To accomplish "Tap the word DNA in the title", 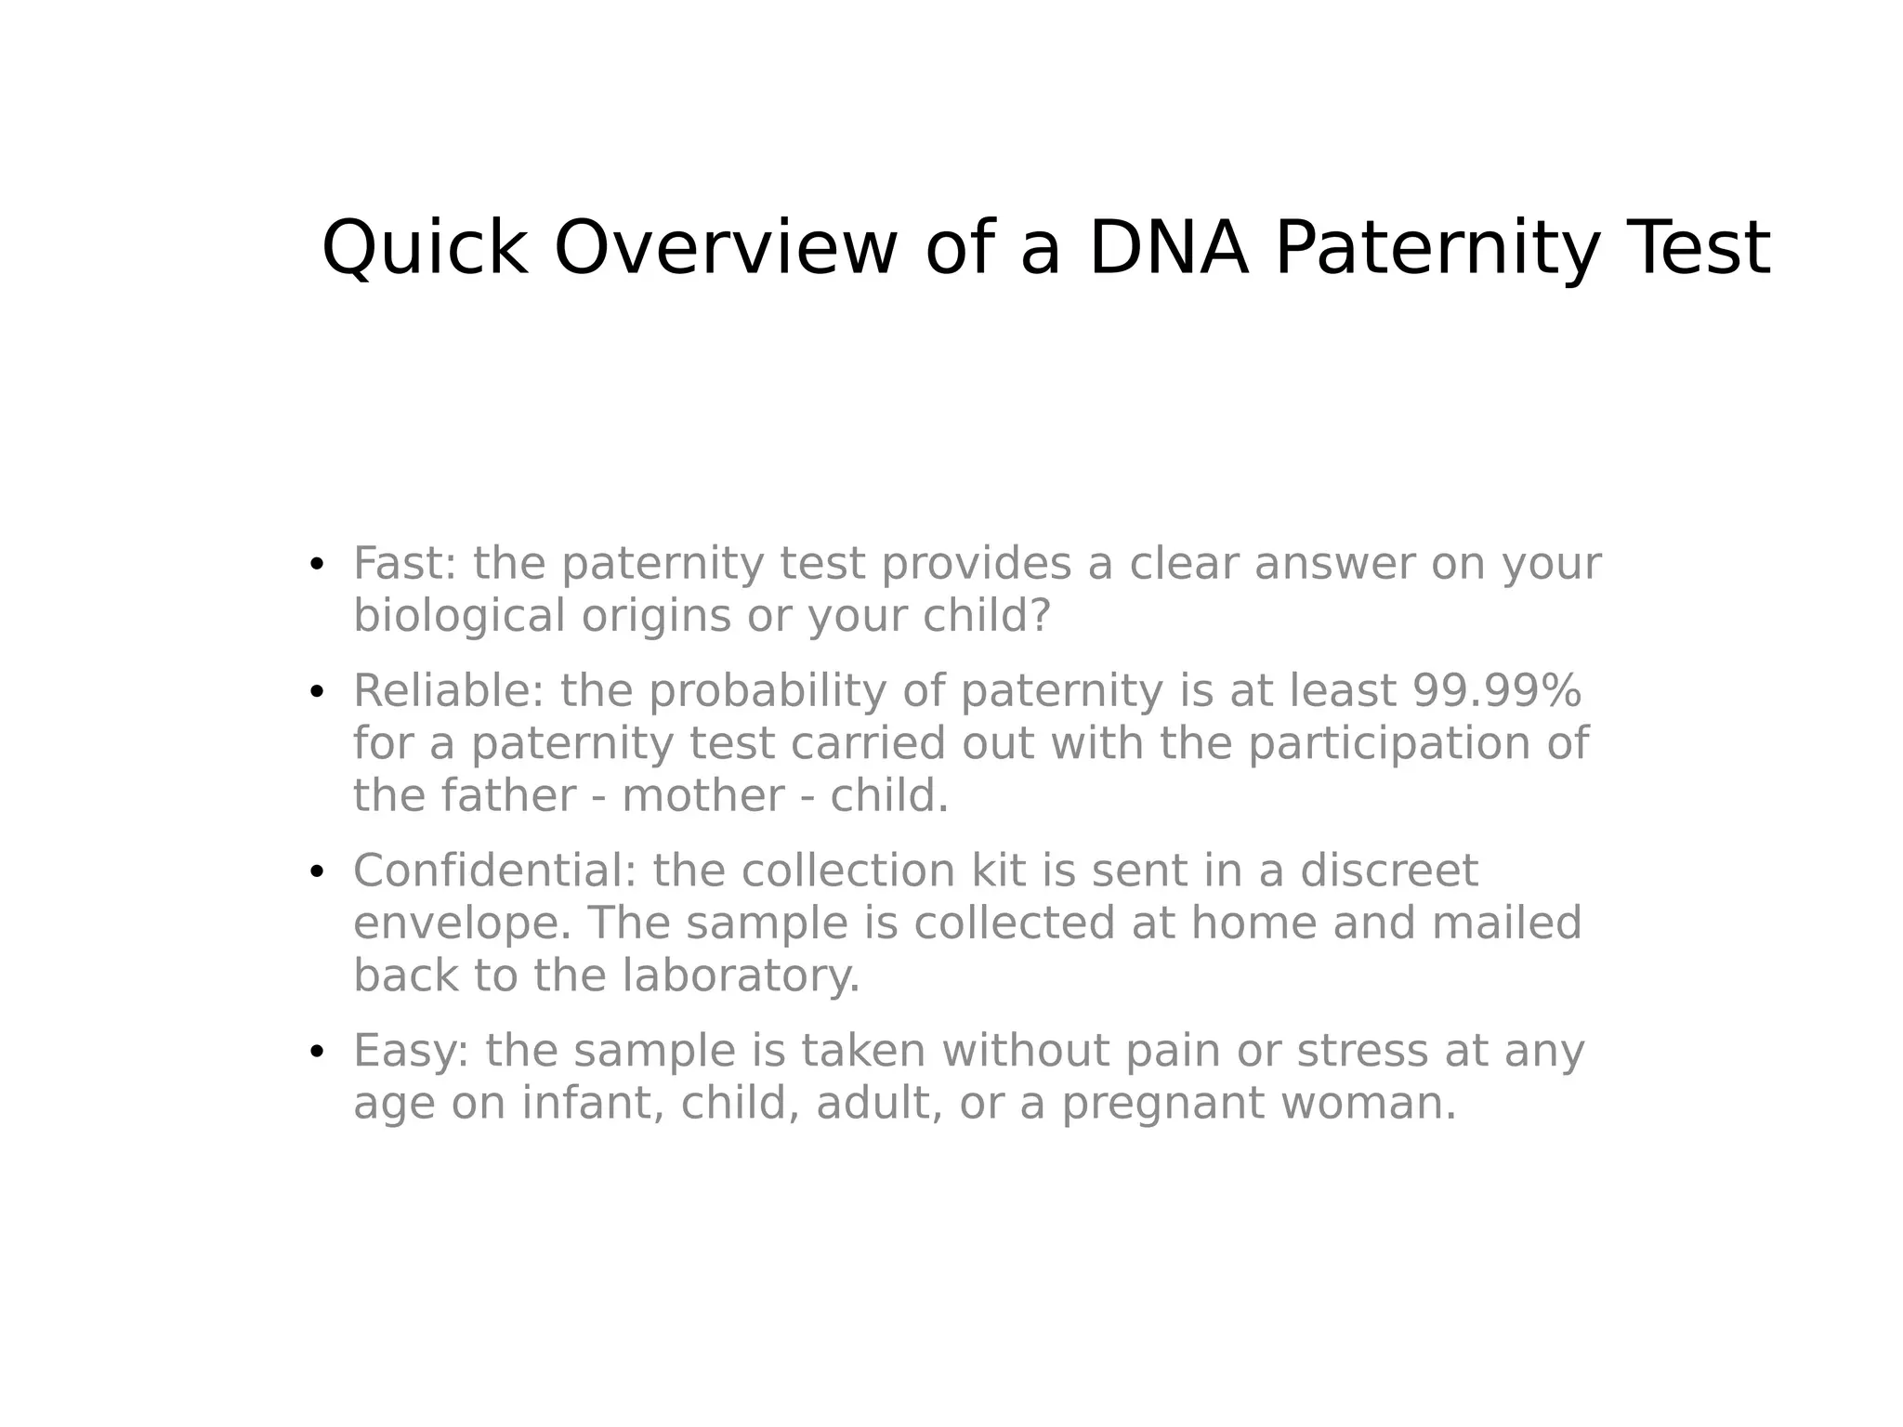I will pos(1168,248).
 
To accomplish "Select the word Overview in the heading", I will pos(726,248).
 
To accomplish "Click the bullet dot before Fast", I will pos(317,564).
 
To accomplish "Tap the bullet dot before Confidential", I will pos(317,871).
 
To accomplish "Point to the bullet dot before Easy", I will pos(317,1051).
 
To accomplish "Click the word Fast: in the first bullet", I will pos(405,563).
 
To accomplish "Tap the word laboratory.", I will pos(741,975).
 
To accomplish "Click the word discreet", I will pos(1388,871).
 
